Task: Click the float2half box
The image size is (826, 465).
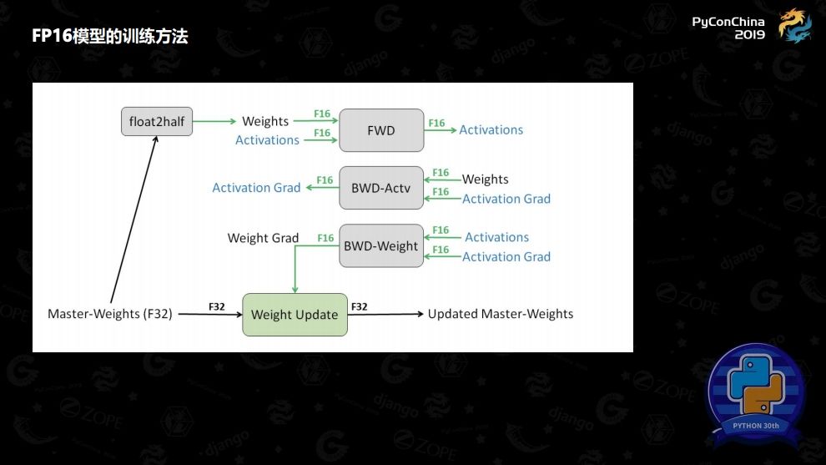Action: click(x=156, y=122)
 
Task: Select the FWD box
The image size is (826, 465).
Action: click(x=381, y=130)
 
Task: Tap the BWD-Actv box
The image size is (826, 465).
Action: click(x=381, y=189)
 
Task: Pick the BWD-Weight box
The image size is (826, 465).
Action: click(x=381, y=246)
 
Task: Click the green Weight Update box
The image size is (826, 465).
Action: click(x=295, y=315)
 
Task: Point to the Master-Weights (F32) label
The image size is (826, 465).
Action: click(x=109, y=315)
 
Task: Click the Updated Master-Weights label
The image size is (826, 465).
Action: click(x=501, y=314)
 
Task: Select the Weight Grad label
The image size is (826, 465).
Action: click(x=263, y=238)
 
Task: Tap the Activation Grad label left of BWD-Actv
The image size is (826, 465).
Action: click(x=256, y=188)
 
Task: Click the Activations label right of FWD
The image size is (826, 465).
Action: click(x=491, y=129)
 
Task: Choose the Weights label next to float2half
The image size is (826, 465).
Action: click(x=265, y=121)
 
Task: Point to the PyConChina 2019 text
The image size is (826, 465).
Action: click(x=728, y=28)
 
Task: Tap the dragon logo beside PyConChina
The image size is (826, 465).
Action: click(x=794, y=25)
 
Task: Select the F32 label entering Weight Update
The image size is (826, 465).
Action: click(x=216, y=306)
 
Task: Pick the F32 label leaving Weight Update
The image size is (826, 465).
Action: click(x=359, y=306)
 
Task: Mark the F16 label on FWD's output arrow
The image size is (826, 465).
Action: click(x=436, y=123)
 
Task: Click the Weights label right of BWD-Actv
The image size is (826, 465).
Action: click(x=485, y=179)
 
